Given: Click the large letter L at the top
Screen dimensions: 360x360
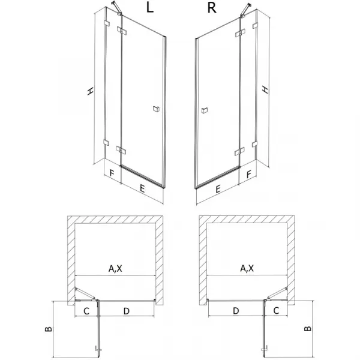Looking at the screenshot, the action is click(x=149, y=8).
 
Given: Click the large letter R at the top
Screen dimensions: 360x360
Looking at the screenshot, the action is click(x=212, y=8).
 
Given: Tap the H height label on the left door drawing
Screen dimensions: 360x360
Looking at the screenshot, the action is click(x=91, y=91).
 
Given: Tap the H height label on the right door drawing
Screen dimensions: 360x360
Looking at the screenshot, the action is click(x=265, y=89).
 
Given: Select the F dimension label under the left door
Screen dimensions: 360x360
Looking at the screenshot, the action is click(x=112, y=173).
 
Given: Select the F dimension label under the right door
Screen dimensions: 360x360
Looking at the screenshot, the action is click(x=248, y=175).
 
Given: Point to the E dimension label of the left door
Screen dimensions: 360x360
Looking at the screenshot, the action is click(x=142, y=189).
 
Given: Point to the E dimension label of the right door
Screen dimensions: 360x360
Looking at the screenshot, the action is click(x=218, y=189).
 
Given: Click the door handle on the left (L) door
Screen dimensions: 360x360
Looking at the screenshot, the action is click(x=157, y=109).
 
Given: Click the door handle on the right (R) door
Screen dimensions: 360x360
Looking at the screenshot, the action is click(x=205, y=110).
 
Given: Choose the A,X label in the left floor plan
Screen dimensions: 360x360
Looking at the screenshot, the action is click(x=115, y=268).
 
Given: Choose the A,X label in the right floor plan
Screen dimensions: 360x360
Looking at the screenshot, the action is click(x=247, y=268).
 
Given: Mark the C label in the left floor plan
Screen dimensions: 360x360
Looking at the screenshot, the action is click(x=86, y=311).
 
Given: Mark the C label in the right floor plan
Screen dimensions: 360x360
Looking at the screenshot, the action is click(x=276, y=311).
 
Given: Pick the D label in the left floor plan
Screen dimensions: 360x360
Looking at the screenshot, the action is click(x=127, y=311).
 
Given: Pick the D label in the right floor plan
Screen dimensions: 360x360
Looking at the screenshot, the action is click(x=236, y=311).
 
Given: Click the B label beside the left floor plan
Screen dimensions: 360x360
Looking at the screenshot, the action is click(x=49, y=329).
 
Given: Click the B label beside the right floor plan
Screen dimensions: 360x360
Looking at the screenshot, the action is click(x=308, y=329).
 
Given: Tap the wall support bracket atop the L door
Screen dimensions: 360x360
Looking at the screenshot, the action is click(x=116, y=8).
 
